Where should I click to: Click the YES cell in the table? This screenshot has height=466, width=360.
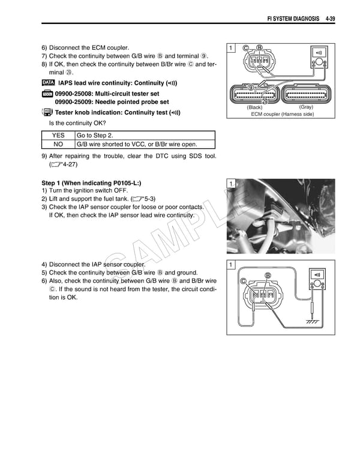click(x=58, y=136)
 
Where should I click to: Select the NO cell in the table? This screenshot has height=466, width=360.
click(x=58, y=144)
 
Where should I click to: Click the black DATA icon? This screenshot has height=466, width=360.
click(x=49, y=82)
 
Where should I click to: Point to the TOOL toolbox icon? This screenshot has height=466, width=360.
click(x=48, y=94)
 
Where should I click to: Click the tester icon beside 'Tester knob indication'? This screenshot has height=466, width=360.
click(x=48, y=112)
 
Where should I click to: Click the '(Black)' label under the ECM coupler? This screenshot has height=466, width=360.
click(x=255, y=107)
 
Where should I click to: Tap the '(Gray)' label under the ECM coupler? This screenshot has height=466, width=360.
click(x=305, y=107)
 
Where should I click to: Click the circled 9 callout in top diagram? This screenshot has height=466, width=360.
click(x=251, y=88)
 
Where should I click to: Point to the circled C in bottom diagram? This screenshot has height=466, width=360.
click(x=243, y=282)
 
